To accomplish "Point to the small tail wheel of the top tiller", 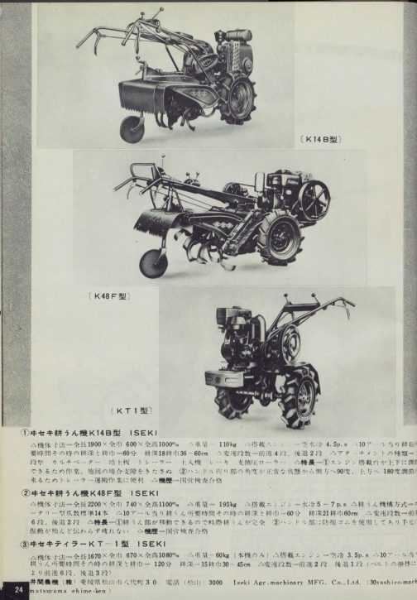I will [131, 127].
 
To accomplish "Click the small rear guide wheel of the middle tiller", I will [153, 262].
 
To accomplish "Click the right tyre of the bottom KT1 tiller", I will [300, 383].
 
